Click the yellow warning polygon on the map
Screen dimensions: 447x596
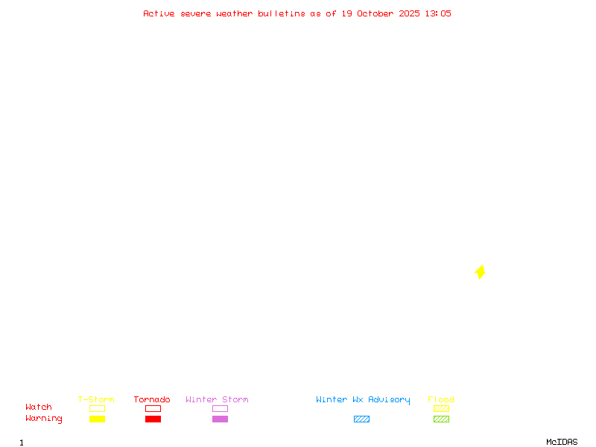point(481,272)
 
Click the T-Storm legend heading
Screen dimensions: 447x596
point(96,400)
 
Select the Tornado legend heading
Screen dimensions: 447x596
point(152,400)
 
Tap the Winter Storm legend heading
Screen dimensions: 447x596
point(217,400)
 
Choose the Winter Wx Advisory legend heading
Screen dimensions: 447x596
point(363,400)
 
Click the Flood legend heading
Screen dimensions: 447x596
point(441,400)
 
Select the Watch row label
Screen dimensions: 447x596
point(39,408)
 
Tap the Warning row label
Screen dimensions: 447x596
point(44,419)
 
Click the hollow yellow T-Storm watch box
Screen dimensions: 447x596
point(97,408)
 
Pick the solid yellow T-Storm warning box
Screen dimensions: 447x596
point(97,419)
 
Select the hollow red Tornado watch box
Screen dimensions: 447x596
point(153,408)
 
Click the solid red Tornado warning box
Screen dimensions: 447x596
point(153,419)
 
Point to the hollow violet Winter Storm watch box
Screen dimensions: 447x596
point(220,408)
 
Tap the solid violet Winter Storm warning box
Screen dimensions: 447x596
point(220,419)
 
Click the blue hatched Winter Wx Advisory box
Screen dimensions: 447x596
point(361,419)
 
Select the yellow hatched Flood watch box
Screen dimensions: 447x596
point(441,408)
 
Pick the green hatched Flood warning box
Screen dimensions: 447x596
point(441,419)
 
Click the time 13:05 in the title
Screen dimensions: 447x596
point(438,13)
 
